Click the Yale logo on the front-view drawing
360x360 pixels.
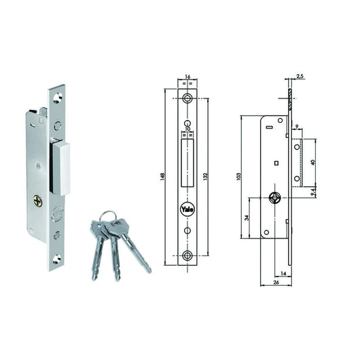(186, 210)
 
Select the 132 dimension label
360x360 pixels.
(206, 177)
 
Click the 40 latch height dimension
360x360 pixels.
(312, 162)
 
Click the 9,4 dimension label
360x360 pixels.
(312, 192)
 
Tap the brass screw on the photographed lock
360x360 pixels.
(38, 200)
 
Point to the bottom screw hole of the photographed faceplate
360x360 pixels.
(57, 257)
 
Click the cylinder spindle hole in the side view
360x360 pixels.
(274, 198)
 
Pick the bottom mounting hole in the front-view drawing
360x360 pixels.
(187, 256)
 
